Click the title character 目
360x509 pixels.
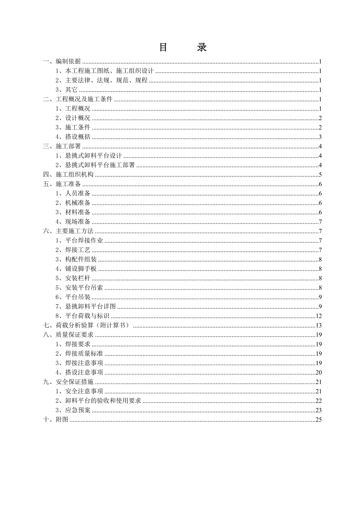click(x=164, y=48)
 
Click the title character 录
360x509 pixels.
click(x=202, y=48)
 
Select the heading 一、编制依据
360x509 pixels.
click(x=62, y=62)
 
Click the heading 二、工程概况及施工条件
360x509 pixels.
click(x=77, y=99)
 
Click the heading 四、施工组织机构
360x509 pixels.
click(x=68, y=175)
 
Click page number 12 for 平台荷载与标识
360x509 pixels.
click(x=318, y=316)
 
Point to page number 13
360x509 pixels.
click(x=318, y=326)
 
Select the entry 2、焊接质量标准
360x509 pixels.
click(x=82, y=354)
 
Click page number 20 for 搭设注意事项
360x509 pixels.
click(x=318, y=373)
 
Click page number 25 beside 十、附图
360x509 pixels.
click(x=318, y=419)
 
